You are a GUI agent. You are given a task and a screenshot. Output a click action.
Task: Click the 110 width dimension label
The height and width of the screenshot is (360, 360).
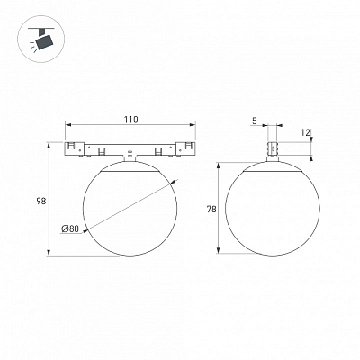tap(131, 120)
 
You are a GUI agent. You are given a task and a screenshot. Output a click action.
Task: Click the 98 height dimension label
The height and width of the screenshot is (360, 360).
tap(41, 202)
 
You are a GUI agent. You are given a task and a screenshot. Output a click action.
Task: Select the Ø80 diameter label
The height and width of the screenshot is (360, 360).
tap(70, 229)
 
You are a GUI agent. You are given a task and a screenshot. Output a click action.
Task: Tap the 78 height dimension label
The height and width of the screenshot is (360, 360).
tap(211, 210)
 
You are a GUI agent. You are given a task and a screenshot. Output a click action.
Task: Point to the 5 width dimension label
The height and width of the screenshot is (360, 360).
tap(255, 121)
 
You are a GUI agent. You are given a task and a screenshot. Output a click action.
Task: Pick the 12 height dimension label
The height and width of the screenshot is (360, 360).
tap(305, 133)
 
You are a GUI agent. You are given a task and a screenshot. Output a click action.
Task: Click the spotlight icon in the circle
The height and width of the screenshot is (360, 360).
tap(41, 40)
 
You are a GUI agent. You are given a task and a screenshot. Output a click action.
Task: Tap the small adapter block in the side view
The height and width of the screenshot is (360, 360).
tap(273, 148)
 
